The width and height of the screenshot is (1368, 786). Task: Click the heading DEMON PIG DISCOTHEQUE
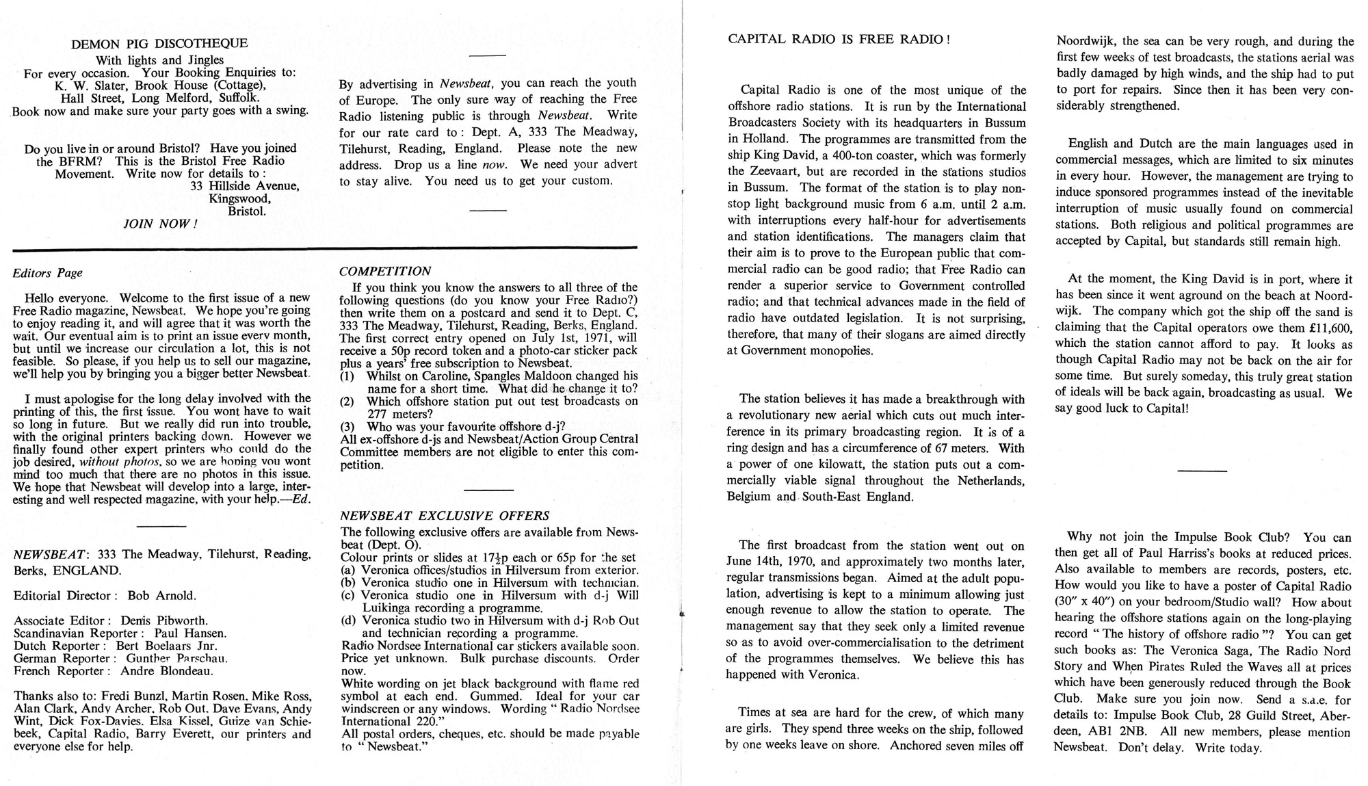coord(159,44)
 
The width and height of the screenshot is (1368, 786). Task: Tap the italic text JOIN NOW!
coord(160,224)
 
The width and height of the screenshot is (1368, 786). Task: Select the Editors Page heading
coord(48,273)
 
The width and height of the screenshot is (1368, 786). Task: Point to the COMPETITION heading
coord(385,272)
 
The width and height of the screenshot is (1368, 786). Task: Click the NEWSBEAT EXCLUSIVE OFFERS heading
coord(445,516)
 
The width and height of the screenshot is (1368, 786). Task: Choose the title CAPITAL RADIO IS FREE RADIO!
coord(839,39)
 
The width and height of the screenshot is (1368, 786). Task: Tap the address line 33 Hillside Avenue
coord(244,186)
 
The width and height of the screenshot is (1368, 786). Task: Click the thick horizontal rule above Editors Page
coord(325,247)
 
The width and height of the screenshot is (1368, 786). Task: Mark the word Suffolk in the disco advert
coord(237,98)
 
